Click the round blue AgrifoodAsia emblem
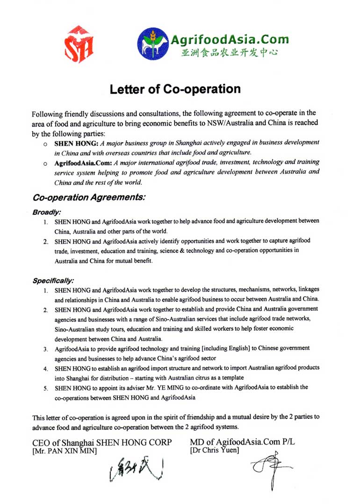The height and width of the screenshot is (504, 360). tap(152, 44)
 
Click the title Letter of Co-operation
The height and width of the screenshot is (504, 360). tap(175, 89)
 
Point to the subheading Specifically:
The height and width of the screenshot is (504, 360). tap(53, 281)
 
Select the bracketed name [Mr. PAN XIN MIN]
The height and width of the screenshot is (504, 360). tap(65, 451)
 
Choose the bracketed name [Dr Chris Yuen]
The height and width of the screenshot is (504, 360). tap(215, 450)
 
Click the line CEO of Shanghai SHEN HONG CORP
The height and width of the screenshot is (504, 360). tap(102, 443)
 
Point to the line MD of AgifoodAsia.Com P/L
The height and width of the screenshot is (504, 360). tap(243, 442)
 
